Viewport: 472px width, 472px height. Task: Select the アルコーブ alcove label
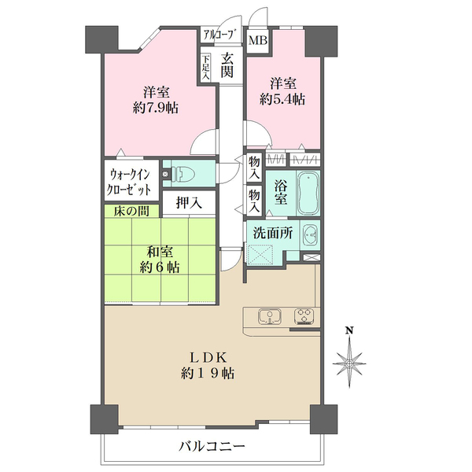coord(219,34)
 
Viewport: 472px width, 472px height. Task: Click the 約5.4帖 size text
coord(283,99)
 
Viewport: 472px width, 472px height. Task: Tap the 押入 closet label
coord(188,203)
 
